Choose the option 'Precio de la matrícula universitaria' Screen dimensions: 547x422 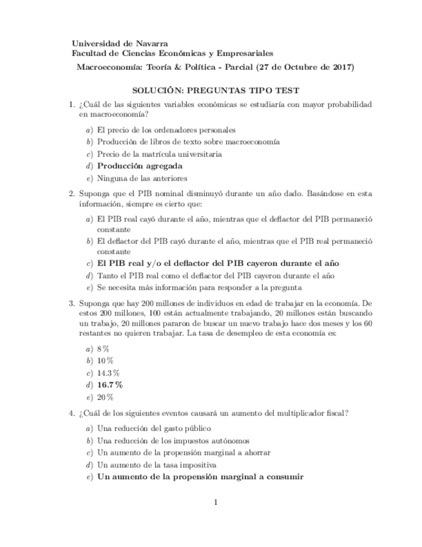(x=159, y=154)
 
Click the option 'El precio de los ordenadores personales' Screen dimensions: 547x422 (x=166, y=130)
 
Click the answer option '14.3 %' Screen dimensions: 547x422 (x=108, y=372)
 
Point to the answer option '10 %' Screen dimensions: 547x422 (x=106, y=360)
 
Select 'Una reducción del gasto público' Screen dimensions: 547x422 (x=154, y=428)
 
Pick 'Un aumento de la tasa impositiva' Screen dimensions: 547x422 (x=157, y=464)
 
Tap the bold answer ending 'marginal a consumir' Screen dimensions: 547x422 (x=200, y=477)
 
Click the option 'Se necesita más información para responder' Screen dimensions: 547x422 (x=199, y=287)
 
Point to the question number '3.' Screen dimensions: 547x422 (x=72, y=302)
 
